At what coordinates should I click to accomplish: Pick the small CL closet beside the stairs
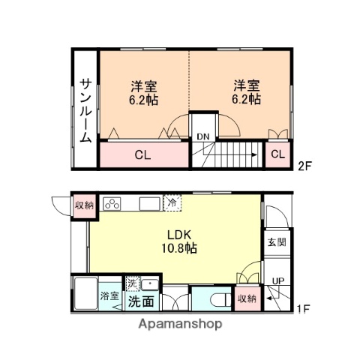point(277,154)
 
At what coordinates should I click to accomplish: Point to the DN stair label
point(202,136)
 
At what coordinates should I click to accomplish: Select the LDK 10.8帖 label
point(178,239)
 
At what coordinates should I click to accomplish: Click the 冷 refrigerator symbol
point(172,202)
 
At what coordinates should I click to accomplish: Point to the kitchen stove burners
point(114,204)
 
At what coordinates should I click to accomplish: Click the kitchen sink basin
point(147,204)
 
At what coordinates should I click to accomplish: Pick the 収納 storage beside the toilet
point(247,298)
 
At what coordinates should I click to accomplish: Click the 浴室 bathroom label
point(109,295)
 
